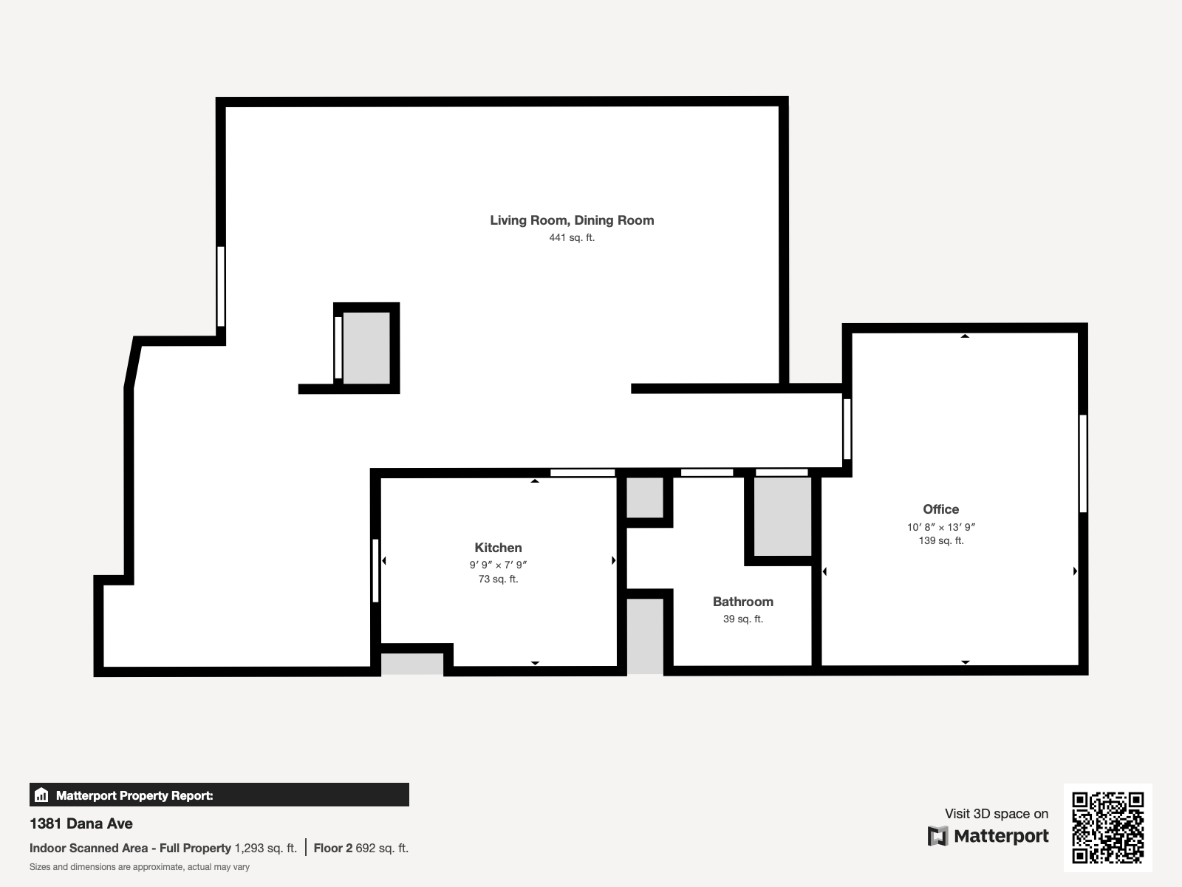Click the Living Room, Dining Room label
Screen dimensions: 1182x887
[572, 220]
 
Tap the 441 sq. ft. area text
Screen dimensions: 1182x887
[572, 237]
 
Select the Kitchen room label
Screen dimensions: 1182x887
[498, 548]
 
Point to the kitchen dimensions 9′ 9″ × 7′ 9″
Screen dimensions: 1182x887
[498, 565]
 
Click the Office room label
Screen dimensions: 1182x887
[940, 509]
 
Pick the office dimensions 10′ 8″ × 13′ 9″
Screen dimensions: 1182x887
[940, 527]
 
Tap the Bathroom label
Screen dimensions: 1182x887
[743, 602]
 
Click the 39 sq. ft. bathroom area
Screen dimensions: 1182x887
[743, 619]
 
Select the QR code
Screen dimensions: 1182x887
[1107, 828]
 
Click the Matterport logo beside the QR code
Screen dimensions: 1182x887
[988, 836]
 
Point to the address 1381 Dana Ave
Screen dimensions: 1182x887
[81, 823]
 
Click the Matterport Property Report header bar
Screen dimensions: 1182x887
[219, 795]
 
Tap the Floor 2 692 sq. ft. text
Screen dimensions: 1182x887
[361, 849]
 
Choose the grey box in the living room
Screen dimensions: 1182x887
[366, 348]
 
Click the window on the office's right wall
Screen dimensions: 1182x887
[1083, 463]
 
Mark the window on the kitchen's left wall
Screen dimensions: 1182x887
[375, 571]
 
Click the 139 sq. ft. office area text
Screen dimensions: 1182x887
[940, 541]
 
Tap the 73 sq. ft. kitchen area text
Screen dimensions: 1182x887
[498, 580]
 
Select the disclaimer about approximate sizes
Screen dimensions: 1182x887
[140, 867]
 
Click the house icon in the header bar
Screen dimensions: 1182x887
[41, 795]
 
